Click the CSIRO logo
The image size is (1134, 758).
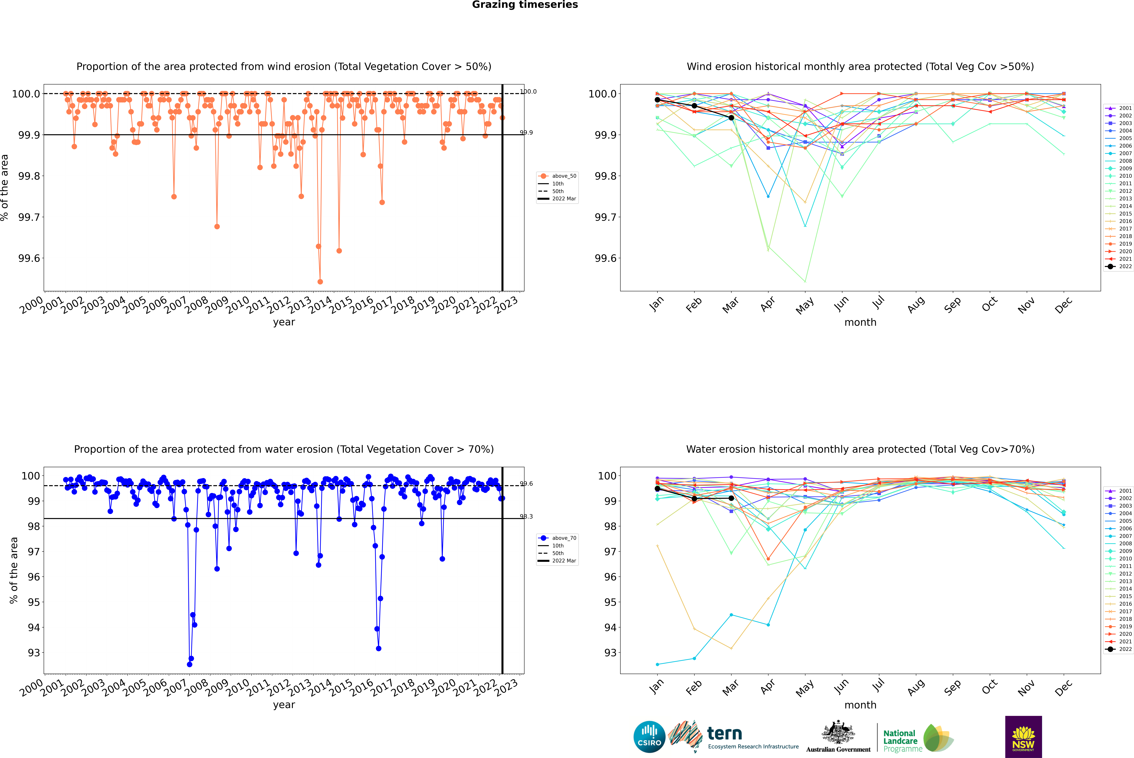coord(649,737)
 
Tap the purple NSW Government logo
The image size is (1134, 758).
coord(1023,737)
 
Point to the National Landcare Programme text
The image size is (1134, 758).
coord(900,741)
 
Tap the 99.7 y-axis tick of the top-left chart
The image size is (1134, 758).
coord(29,217)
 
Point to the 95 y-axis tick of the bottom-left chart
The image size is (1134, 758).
coord(34,602)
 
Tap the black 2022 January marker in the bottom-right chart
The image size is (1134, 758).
coord(657,489)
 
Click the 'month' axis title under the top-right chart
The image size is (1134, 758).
coord(860,322)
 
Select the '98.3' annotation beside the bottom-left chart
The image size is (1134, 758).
coord(526,517)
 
